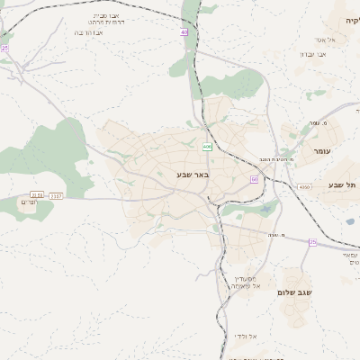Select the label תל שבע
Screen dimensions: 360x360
click(342, 184)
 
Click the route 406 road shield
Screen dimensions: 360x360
click(207, 146)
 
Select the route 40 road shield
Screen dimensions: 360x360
click(184, 31)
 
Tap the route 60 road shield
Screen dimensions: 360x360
click(254, 180)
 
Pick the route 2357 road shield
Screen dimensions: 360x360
click(56, 193)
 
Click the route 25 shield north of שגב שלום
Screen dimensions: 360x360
click(312, 242)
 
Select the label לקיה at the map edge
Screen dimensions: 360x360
click(350, 19)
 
